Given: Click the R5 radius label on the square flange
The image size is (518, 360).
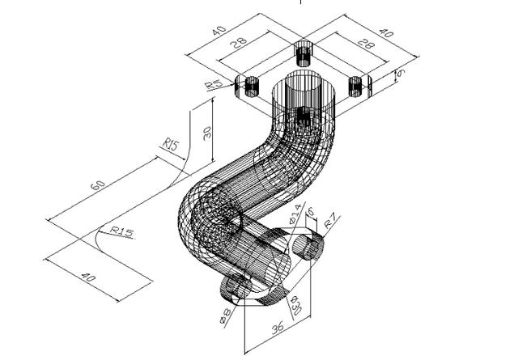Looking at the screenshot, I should pos(214,84).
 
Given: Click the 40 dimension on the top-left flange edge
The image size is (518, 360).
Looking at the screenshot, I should pos(219,30).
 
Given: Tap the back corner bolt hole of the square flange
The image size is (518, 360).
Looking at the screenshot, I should pos(303,53).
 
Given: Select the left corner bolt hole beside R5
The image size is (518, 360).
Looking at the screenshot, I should pos(251,84).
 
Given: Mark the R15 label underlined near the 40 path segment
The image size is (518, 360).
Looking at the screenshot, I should pos(121,233).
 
